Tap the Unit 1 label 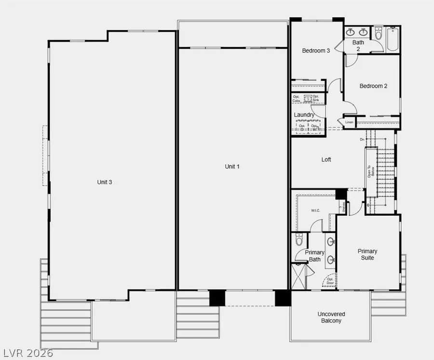point(232,166)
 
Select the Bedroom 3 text point(316,51)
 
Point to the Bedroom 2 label point(373,86)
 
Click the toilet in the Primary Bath point(298,240)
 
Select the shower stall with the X point(299,277)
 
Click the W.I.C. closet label point(316,210)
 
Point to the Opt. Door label point(330,281)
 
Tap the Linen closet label point(349,122)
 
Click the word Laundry point(304,115)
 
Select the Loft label point(326,160)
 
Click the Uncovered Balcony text point(331,317)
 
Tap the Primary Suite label point(367,254)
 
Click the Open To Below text point(370,172)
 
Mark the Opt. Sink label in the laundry point(315,98)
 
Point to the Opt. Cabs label point(297,98)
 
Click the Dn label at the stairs point(362,140)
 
